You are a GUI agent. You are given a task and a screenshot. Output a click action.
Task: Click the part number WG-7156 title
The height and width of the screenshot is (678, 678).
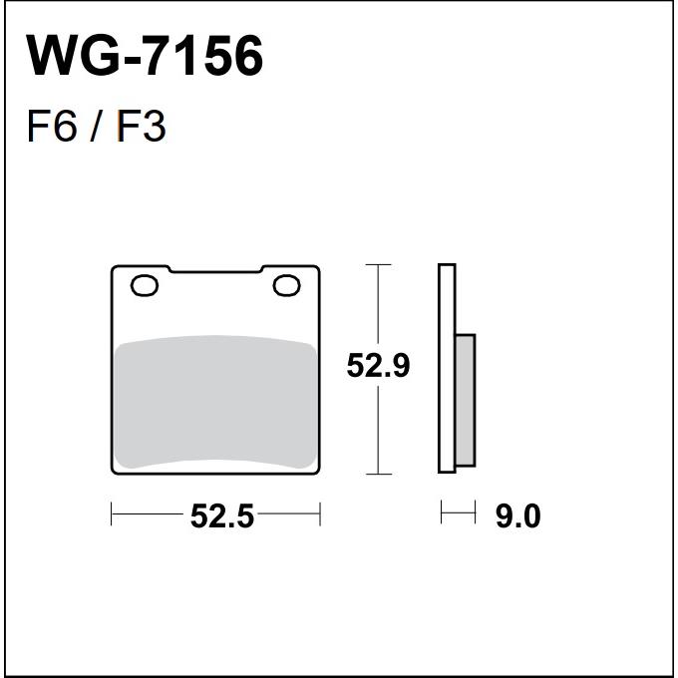(145, 56)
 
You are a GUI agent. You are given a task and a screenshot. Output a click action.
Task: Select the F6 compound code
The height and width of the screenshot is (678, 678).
(52, 127)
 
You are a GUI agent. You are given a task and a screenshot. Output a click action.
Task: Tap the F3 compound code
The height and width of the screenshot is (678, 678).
(142, 127)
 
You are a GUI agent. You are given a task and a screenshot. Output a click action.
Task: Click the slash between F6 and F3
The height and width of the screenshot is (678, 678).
(97, 127)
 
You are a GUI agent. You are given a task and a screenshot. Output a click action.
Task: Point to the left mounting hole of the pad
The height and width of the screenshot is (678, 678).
(145, 285)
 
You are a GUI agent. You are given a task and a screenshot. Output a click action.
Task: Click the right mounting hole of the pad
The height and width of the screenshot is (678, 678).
(287, 285)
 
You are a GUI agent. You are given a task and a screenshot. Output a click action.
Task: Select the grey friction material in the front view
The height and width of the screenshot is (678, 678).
(215, 402)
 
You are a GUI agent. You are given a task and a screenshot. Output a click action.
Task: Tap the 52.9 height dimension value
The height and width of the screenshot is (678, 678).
(378, 366)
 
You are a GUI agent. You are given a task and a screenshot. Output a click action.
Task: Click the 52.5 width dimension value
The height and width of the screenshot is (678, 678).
(221, 515)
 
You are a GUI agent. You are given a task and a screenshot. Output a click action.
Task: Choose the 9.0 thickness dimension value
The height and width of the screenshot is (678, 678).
(518, 515)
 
